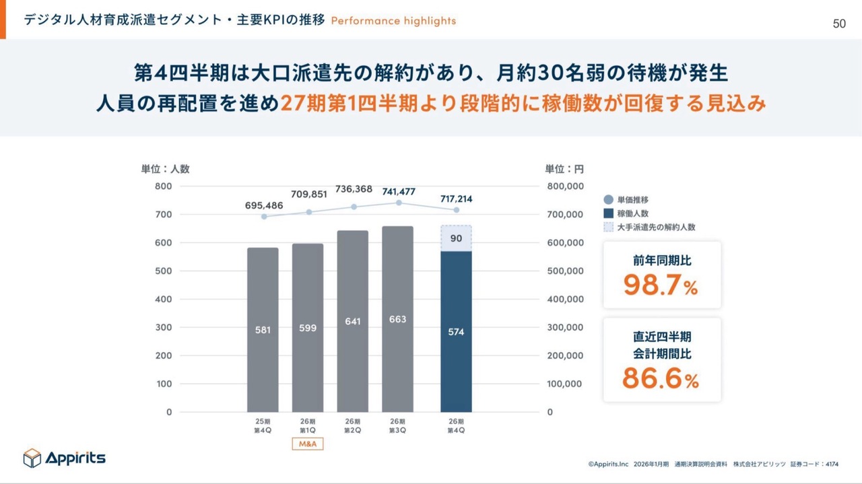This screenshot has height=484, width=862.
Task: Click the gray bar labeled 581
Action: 263,330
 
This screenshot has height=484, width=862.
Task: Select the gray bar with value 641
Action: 353,321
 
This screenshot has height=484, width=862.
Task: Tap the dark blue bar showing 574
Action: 456,332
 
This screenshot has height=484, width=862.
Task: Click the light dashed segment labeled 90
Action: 456,238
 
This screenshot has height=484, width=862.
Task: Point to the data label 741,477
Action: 399,192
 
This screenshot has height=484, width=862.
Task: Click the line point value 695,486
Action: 264,204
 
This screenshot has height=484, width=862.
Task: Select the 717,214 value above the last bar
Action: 456,199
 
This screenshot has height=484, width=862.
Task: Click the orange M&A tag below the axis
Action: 307,444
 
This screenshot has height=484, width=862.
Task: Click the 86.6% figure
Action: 661,379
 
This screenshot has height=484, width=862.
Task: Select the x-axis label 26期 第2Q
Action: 353,426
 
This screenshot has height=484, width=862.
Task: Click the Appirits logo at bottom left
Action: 65,458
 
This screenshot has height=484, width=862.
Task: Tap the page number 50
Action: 839,24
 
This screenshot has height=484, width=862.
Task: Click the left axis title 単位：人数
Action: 165,169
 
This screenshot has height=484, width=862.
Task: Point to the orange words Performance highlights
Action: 393,21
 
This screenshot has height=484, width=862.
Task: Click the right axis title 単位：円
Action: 564,169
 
